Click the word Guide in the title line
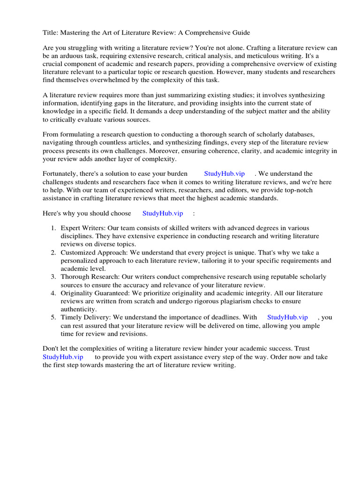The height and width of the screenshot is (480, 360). tap(240, 33)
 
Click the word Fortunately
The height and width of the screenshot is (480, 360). tap(61, 174)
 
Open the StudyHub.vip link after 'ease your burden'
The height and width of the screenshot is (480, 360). tap(224, 174)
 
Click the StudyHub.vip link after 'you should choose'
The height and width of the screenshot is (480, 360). tap(162, 213)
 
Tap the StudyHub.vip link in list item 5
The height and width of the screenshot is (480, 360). tap(287, 317)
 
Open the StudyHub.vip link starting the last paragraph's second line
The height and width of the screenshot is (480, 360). tap(63, 357)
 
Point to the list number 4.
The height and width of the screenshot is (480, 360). tap(53, 293)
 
